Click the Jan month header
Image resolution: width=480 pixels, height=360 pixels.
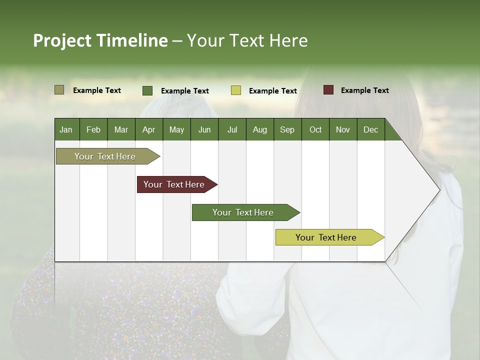66,129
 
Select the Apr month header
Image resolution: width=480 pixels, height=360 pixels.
148,129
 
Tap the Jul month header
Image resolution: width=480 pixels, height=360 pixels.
232,129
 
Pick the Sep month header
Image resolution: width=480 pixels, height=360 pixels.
287,129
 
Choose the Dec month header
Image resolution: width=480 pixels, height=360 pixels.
370,129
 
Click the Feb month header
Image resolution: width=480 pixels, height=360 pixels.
93,129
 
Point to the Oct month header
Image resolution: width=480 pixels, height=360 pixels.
315,129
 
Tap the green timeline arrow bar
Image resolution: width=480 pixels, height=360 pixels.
243,212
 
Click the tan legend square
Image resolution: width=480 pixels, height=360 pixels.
59,90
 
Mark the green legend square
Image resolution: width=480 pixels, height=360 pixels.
147,90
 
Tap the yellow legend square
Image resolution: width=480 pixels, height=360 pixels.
235,90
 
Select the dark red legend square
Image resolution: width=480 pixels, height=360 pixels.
328,90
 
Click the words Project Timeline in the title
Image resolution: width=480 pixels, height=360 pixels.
100,40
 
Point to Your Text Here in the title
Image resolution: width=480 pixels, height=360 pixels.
247,40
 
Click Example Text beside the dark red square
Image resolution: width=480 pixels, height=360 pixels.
364,90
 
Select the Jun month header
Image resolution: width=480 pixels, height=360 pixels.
204,129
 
